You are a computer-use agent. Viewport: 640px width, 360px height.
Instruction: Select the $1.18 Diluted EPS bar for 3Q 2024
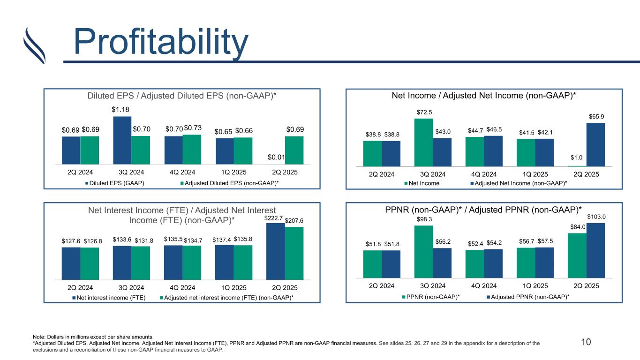pyautogui.click(x=122, y=140)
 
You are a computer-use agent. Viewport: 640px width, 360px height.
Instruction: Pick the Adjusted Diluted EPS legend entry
pyautogui.click(x=234, y=182)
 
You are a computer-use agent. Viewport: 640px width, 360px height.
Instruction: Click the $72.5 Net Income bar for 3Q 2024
pyautogui.click(x=423, y=142)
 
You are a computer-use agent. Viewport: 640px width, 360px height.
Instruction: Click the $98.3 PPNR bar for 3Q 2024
pyautogui.click(x=423, y=252)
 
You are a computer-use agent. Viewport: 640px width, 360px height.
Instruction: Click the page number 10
pyautogui.click(x=585, y=342)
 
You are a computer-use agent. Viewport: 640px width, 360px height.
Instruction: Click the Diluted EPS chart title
pyautogui.click(x=182, y=96)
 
